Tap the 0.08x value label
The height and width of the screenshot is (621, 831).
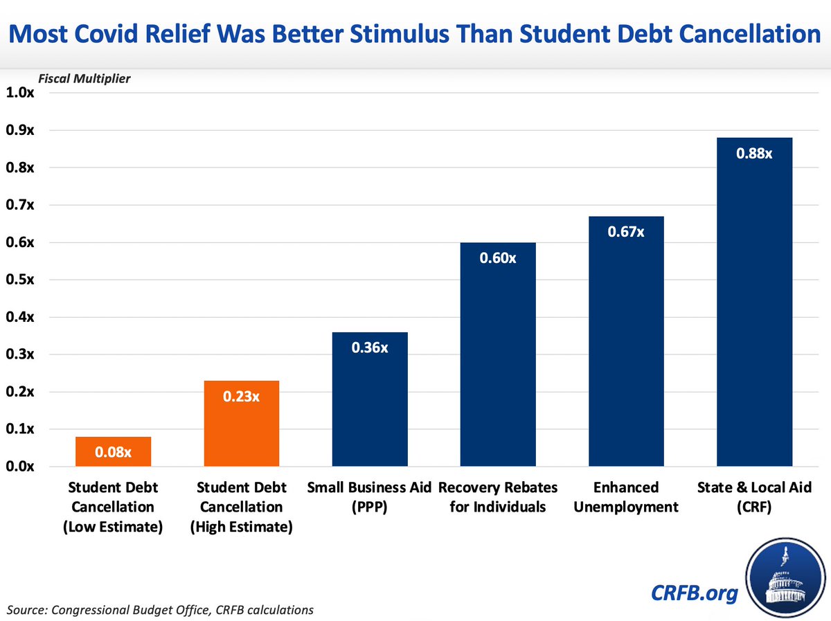(x=114, y=453)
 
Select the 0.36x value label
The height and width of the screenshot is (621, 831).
(x=370, y=348)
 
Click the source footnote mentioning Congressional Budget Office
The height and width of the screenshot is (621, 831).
(x=161, y=610)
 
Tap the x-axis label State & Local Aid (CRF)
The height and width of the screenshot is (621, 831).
(x=754, y=497)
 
